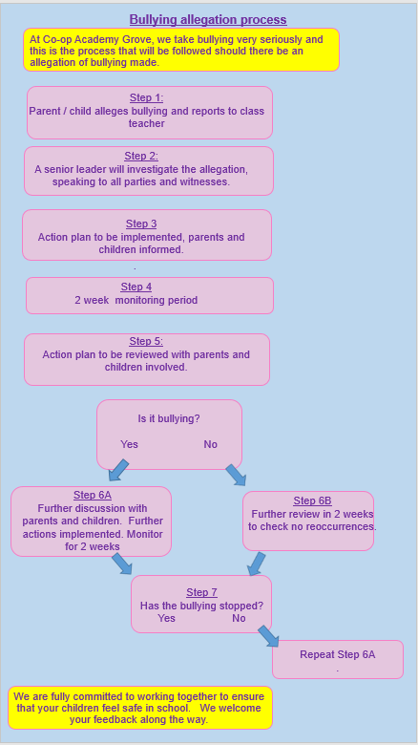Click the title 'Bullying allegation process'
208,19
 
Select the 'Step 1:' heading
146,97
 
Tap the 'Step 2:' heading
141,157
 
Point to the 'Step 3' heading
141,223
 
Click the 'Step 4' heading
136,287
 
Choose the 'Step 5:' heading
146,342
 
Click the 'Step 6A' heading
93,495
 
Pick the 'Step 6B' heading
313,500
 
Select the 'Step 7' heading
202,592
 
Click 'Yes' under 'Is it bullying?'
129,444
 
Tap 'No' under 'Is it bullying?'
210,444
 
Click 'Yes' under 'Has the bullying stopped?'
166,618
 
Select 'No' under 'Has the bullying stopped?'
239,618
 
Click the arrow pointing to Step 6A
118,470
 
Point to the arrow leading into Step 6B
236,475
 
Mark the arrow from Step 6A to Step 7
121,564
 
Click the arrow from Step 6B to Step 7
257,564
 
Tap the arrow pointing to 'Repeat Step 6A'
268,636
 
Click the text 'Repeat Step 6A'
337,654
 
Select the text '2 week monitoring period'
136,300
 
